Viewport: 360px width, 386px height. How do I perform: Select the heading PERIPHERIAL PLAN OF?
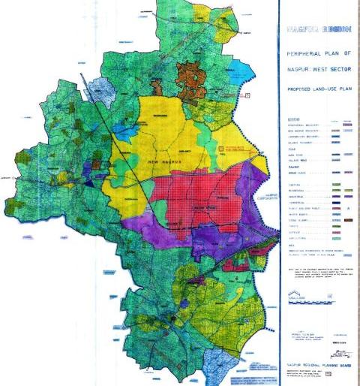[318, 55]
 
